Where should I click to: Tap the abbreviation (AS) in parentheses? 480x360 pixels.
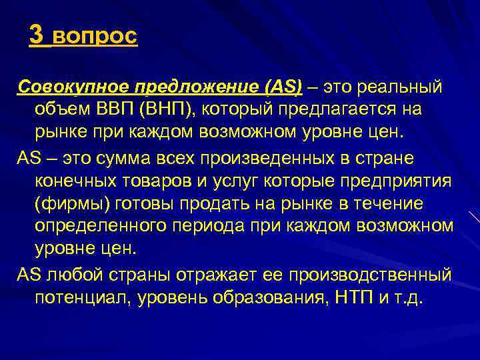click(x=283, y=87)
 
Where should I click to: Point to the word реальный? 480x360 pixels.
click(x=401, y=87)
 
